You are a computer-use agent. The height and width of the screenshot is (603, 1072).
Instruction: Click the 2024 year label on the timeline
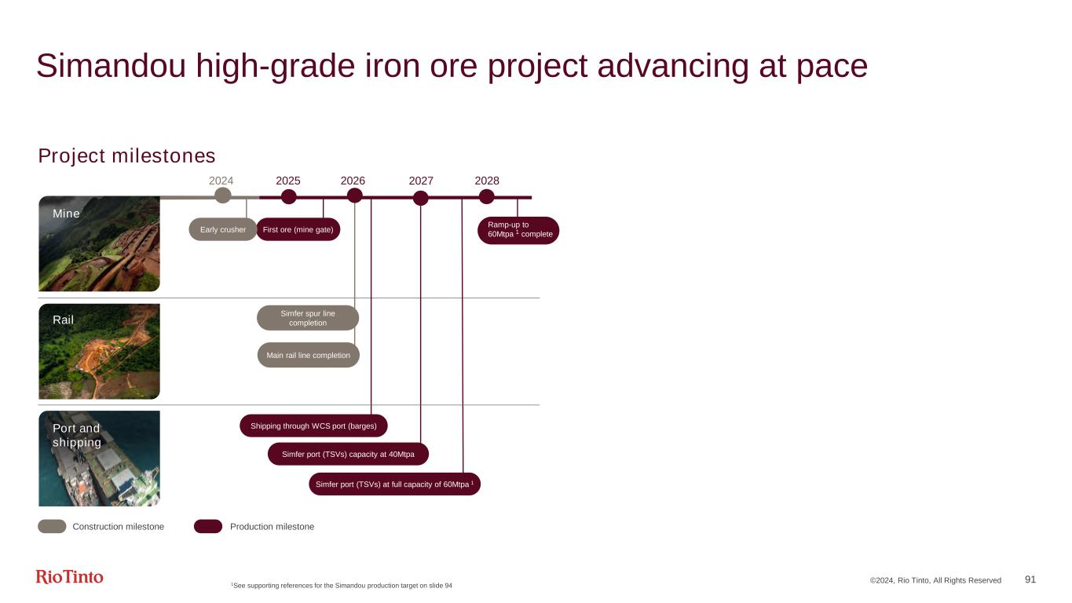pos(221,181)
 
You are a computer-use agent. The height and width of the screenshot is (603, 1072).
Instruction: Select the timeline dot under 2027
pos(421,198)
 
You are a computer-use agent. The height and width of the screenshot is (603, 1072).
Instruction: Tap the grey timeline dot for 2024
pos(223,196)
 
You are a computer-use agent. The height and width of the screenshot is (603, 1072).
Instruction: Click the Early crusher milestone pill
pos(223,229)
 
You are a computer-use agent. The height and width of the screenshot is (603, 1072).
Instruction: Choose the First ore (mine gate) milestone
pos(298,229)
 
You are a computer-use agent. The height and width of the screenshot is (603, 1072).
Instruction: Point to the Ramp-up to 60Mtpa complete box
pos(518,230)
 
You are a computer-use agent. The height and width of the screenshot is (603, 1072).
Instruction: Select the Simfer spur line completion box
pos(308,318)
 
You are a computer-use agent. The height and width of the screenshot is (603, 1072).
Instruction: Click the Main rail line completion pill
pos(308,355)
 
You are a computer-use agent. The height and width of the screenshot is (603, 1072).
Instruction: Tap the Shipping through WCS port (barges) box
pos(313,426)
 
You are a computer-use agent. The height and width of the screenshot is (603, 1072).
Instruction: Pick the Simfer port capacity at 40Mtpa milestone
pos(348,454)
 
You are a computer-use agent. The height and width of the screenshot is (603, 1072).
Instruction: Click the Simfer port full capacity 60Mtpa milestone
pos(394,484)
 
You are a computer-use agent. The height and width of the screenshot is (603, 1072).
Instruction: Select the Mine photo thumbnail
pos(99,243)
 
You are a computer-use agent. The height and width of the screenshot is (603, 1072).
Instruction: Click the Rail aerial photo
pos(99,351)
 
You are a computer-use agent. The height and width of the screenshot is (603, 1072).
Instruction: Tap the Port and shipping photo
pos(99,459)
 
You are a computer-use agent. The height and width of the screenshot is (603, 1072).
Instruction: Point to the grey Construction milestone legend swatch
pos(52,526)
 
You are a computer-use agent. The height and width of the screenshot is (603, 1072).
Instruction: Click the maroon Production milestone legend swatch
pos(208,526)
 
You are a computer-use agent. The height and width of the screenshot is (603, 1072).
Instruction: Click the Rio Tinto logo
pos(69,577)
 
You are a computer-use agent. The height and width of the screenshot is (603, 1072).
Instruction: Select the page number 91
pos(1030,579)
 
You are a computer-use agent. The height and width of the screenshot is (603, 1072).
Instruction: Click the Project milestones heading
pos(126,156)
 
